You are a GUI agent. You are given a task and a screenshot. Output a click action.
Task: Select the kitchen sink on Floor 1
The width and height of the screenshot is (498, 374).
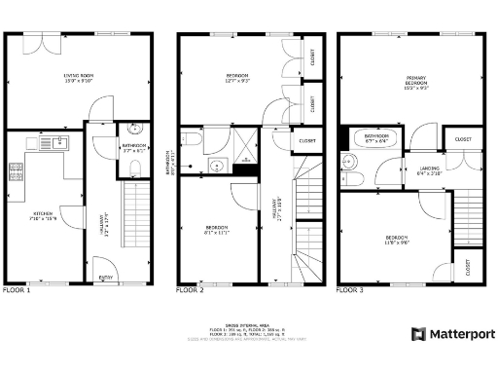pos(58,143)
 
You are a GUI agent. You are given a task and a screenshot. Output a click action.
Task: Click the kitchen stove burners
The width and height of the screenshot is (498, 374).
pos(17,171)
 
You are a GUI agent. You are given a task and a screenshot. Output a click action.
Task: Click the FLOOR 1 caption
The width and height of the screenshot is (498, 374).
pos(17,290)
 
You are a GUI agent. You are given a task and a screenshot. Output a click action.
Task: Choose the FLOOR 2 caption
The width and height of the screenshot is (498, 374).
pos(190,290)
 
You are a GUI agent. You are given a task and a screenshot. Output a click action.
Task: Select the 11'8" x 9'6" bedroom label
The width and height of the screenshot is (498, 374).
pos(396,241)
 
